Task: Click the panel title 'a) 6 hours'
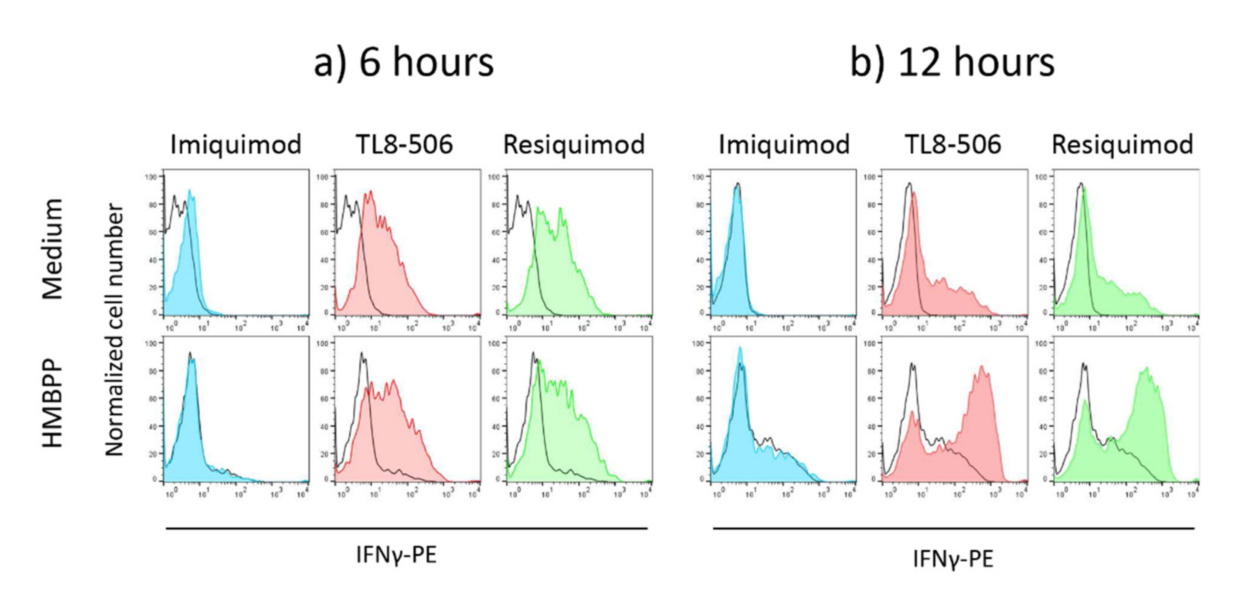pos(404,62)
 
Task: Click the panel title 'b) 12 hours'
pos(952,62)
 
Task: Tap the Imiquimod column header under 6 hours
pos(236,144)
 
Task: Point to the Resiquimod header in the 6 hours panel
pos(574,144)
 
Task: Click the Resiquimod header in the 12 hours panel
pos(1123,144)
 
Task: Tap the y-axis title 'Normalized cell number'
pos(115,329)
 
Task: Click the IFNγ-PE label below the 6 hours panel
pos(397,555)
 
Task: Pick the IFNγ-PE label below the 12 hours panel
pos(953,559)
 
